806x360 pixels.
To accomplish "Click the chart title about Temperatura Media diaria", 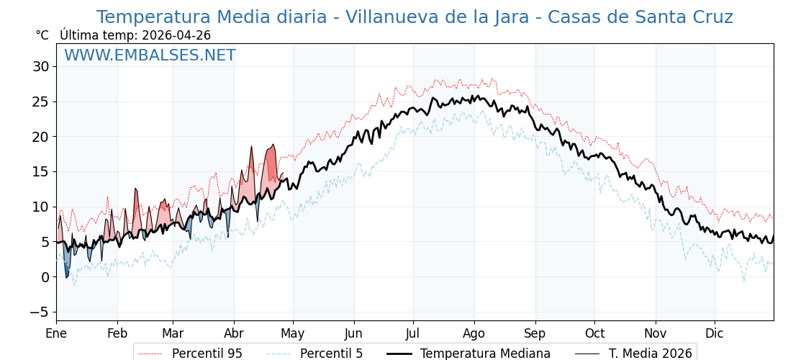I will click(415, 17).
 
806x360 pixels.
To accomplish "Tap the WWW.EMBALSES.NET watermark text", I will click(150, 55).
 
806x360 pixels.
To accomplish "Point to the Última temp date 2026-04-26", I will click(135, 35).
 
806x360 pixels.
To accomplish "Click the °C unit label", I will click(42, 35).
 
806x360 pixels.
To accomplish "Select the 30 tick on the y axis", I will click(40, 67).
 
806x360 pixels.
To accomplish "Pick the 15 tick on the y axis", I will click(40, 172).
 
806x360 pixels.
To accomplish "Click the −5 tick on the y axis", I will click(40, 312).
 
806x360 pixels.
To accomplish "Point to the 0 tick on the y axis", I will click(45, 277).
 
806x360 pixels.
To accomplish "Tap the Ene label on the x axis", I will click(56, 333).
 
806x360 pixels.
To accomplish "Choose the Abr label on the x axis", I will click(234, 333).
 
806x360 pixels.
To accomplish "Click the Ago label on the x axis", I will click(474, 333).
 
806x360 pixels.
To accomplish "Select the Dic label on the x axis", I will click(715, 333).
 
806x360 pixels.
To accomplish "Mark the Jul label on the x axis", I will click(413, 333).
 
